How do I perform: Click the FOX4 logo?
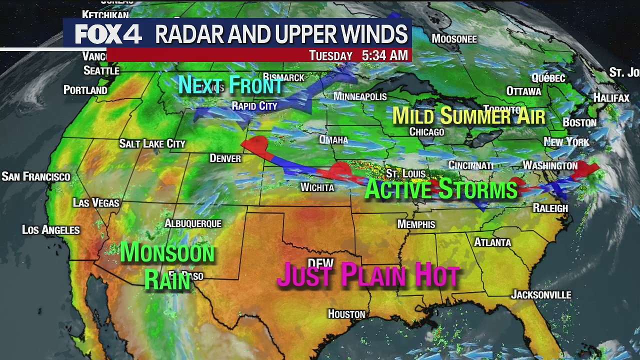tap(108, 34)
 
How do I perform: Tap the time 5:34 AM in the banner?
tap(384, 55)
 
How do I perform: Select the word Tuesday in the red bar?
tap(330, 55)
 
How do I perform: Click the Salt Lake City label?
tap(152, 144)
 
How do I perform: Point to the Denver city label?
tap(225, 158)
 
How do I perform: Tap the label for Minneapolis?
tap(360, 96)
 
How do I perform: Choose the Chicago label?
tap(426, 132)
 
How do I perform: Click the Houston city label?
tap(346, 314)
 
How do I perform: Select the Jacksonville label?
tap(540, 295)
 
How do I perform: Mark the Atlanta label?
tap(492, 242)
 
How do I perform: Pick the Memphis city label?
tap(416, 224)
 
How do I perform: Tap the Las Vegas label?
tap(96, 203)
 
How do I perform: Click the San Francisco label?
tap(36, 176)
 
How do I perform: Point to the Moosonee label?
tap(454, 39)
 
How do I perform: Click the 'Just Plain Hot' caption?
tap(368, 275)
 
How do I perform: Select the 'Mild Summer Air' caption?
tap(468, 116)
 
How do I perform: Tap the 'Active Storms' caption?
tap(440, 189)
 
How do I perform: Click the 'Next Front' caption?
tap(231, 85)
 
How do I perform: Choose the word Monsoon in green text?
tap(167, 252)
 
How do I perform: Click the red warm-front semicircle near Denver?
tap(255, 143)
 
